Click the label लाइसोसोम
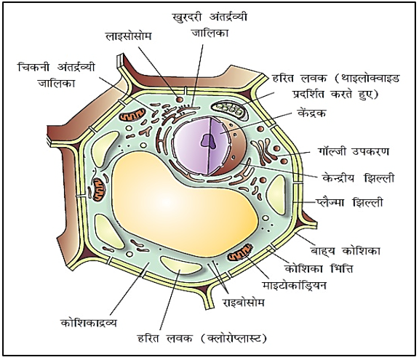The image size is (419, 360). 129,36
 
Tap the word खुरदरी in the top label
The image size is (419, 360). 187,17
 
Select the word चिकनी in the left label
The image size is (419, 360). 34,66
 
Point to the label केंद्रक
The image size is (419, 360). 311,113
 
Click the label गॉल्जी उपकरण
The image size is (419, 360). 354,151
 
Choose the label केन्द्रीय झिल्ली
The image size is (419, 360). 359,178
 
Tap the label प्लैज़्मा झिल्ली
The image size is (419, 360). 349,202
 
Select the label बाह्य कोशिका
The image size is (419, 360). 346,251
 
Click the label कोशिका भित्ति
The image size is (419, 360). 319,268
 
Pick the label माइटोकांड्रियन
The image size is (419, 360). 295,285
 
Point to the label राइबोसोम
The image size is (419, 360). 244,303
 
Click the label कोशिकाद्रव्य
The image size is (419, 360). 89,323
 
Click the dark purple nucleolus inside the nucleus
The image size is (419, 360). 209,141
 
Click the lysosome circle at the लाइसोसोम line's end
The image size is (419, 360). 179,100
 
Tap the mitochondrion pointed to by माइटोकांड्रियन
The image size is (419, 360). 240,252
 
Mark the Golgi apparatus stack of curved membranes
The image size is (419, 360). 263,151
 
